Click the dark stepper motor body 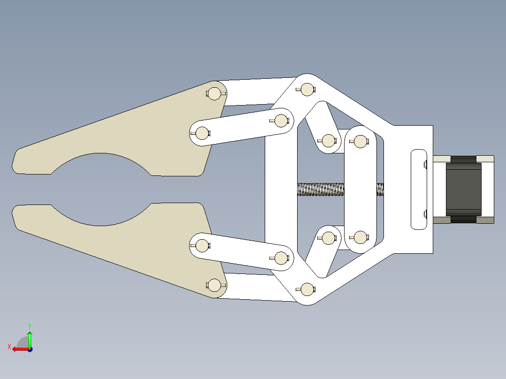coord(463,189)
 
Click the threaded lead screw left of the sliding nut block coord(321,189)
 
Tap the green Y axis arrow coord(30,339)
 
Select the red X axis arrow coord(21,349)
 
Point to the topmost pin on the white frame coord(306,89)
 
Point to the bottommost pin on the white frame coord(306,289)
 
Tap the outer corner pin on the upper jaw coord(214,93)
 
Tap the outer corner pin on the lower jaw coord(214,285)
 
